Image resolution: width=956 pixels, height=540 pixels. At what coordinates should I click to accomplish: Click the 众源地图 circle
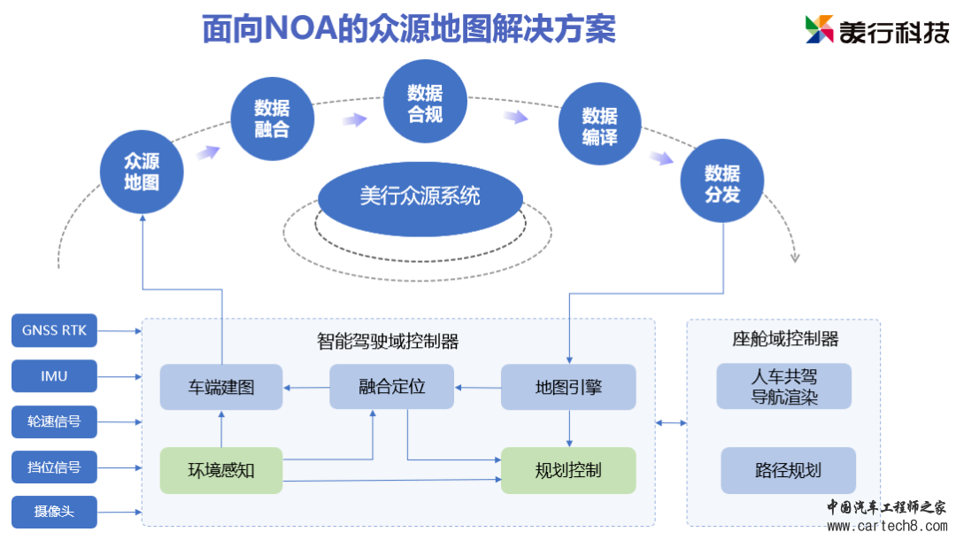[143, 172]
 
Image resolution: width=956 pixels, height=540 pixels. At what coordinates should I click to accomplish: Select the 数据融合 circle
[272, 119]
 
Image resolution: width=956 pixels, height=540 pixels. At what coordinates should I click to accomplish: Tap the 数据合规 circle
[425, 103]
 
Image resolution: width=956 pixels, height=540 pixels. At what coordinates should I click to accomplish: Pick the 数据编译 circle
[599, 127]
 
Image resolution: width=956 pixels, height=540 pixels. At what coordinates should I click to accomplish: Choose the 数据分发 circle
[722, 183]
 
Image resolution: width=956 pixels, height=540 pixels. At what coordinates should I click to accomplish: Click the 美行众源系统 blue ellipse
[420, 197]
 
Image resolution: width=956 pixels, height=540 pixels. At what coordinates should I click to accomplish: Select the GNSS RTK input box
[54, 331]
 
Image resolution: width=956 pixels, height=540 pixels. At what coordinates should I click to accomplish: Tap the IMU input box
[54, 376]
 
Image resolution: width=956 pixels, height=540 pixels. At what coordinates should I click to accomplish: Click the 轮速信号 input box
[54, 421]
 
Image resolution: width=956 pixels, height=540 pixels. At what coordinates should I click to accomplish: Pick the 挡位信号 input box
[54, 467]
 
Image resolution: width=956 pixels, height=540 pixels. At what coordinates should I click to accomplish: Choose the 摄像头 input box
[54, 512]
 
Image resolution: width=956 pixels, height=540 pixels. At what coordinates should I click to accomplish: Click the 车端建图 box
[221, 387]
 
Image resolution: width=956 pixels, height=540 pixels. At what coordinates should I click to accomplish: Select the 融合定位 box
[391, 387]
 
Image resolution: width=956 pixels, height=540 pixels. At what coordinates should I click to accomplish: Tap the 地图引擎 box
[568, 387]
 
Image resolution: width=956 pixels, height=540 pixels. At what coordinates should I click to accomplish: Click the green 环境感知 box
[221, 470]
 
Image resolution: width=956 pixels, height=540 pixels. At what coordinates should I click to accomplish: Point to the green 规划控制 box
[568, 470]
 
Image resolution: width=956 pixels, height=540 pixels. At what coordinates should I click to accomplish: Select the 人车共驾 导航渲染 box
[784, 387]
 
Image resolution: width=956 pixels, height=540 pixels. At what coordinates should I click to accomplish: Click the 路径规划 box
[788, 470]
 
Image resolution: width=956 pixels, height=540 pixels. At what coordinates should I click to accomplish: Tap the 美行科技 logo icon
[820, 29]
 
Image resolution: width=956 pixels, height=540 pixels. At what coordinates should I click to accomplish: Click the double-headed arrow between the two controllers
[671, 423]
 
